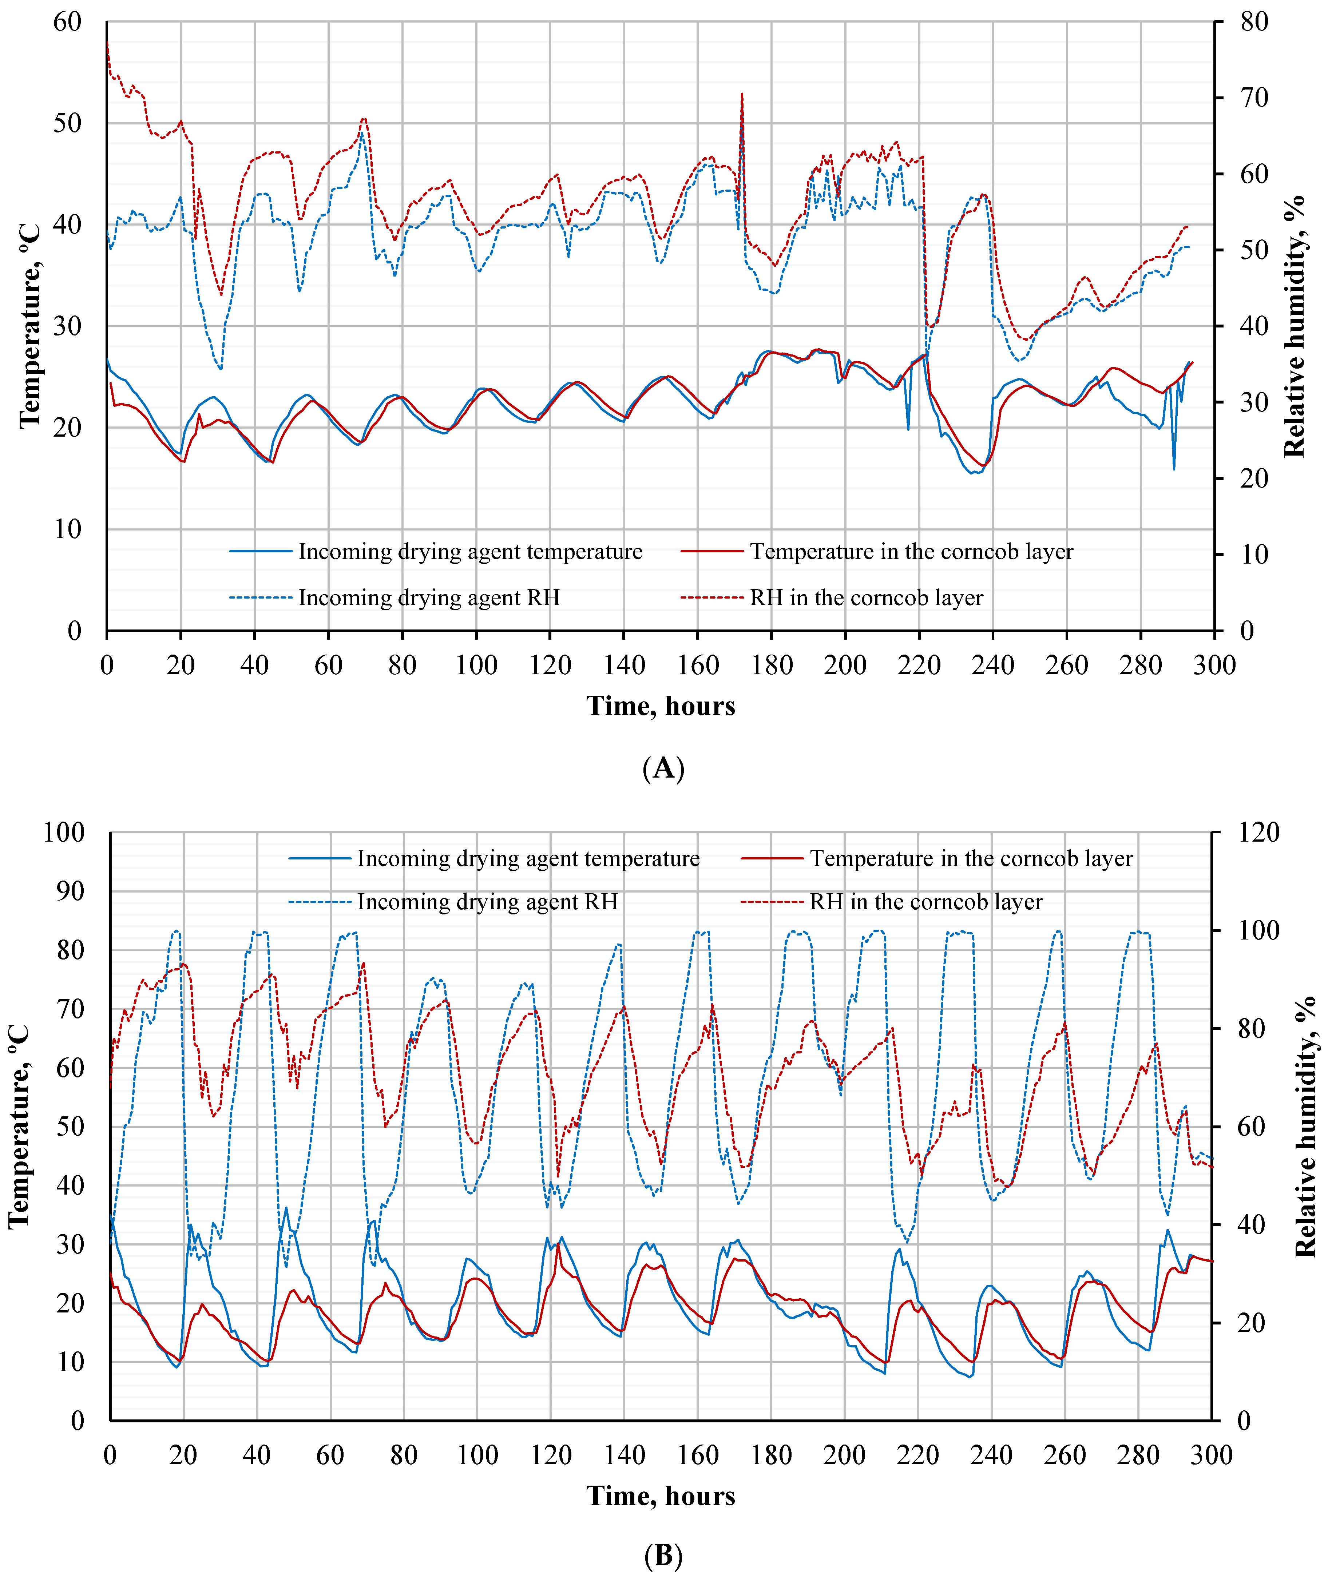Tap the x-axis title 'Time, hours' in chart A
click(x=661, y=706)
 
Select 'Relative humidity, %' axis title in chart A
click(x=1294, y=326)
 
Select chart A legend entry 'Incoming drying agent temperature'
click(x=470, y=552)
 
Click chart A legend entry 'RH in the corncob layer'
click(x=866, y=598)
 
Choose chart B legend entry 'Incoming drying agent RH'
click(x=487, y=902)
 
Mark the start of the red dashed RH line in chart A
click(x=107, y=41)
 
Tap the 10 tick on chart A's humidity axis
click(x=1253, y=555)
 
